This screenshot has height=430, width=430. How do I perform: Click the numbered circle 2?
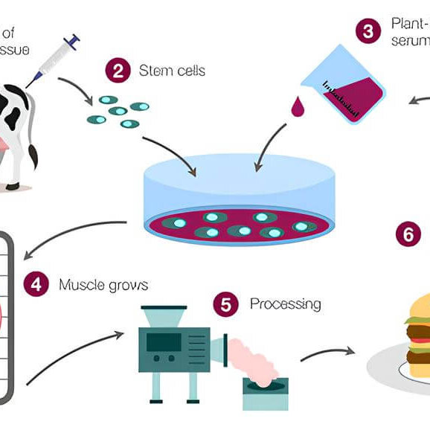pyautogui.click(x=118, y=71)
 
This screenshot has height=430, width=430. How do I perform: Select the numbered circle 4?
pyautogui.click(x=37, y=284)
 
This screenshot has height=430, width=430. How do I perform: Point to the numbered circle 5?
pyautogui.click(x=226, y=304)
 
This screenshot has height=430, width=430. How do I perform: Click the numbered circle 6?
pyautogui.click(x=408, y=235)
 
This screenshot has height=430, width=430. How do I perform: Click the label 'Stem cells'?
pyautogui.click(x=172, y=71)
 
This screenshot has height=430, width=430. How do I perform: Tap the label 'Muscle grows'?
pyautogui.click(x=103, y=285)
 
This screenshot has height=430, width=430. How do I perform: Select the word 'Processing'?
pyautogui.click(x=285, y=304)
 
